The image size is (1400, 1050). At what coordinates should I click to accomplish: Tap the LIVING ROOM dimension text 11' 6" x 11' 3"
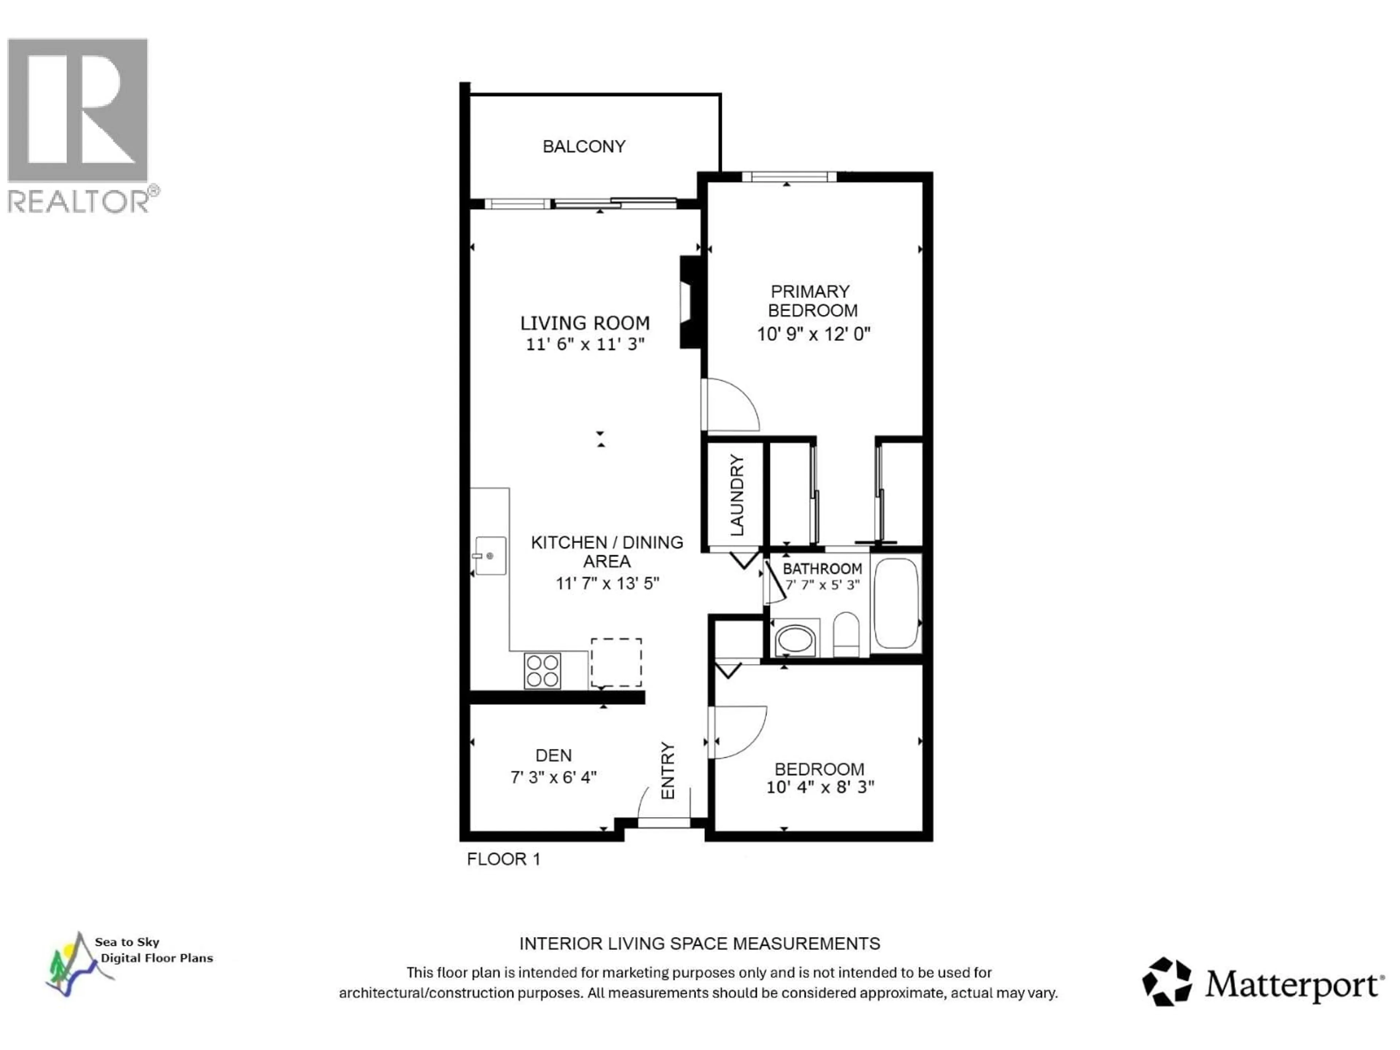585,344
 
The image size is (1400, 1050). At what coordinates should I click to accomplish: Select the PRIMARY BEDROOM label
812,301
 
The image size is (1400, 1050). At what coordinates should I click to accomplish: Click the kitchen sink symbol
490,556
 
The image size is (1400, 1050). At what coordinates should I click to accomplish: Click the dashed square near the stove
616,662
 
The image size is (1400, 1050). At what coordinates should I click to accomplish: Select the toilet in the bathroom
845,634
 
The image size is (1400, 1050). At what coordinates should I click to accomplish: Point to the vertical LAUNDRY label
737,495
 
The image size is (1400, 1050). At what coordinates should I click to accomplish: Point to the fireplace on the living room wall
690,302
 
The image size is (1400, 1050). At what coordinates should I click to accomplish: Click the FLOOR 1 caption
503,859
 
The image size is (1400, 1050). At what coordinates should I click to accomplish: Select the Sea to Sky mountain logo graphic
73,963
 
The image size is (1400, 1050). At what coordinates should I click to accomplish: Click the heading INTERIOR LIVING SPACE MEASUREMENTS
699,944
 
